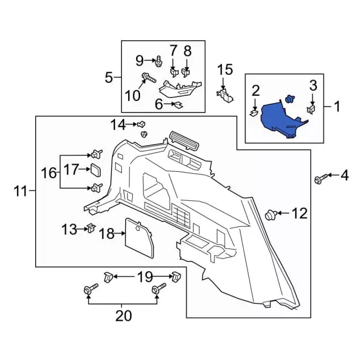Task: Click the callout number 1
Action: [x=338, y=106]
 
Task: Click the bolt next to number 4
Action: [x=319, y=180]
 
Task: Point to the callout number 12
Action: [x=299, y=214]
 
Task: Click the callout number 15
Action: [x=225, y=70]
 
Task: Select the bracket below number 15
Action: [x=226, y=94]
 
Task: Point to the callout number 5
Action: [x=109, y=77]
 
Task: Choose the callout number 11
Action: [x=20, y=192]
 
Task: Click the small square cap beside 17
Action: [x=94, y=169]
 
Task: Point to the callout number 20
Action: [x=123, y=315]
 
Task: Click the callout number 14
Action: [x=117, y=124]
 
